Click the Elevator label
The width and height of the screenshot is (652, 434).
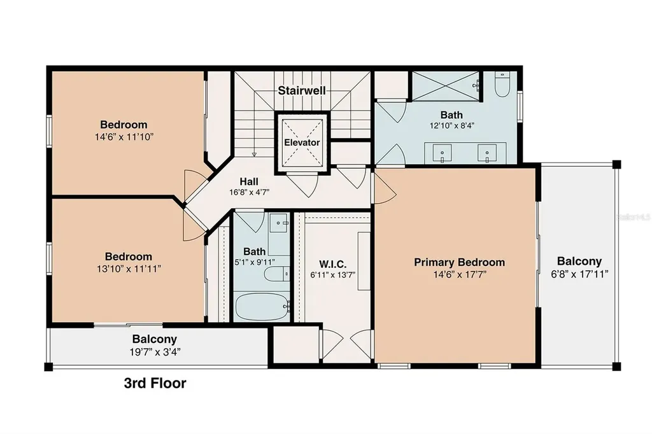pyautogui.click(x=302, y=143)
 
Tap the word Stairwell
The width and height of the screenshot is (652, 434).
pyautogui.click(x=301, y=90)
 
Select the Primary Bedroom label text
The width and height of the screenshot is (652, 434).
pyautogui.click(x=460, y=262)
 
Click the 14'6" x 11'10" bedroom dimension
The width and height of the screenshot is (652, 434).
pyautogui.click(x=124, y=137)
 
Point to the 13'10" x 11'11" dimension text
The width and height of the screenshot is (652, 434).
pyautogui.click(x=129, y=269)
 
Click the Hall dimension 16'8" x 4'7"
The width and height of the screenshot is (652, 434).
pyautogui.click(x=249, y=192)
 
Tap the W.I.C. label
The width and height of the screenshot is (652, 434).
pyautogui.click(x=332, y=264)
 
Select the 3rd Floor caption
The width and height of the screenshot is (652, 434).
pyautogui.click(x=155, y=383)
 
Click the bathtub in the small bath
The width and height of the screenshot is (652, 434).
pyautogui.click(x=262, y=307)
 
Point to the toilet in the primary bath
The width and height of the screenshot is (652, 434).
pyautogui.click(x=502, y=85)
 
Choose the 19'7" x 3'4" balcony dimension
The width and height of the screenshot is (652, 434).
pyautogui.click(x=155, y=352)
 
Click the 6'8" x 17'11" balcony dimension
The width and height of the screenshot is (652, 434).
pyautogui.click(x=579, y=274)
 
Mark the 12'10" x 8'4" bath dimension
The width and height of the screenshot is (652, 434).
pyautogui.click(x=452, y=125)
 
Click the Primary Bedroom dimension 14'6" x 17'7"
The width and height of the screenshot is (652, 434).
pyautogui.click(x=460, y=274)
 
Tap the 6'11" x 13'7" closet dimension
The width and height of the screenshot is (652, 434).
pyautogui.click(x=332, y=275)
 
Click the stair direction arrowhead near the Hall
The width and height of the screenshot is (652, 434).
pyautogui.click(x=254, y=154)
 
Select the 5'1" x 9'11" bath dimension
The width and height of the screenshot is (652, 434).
pyautogui.click(x=255, y=262)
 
